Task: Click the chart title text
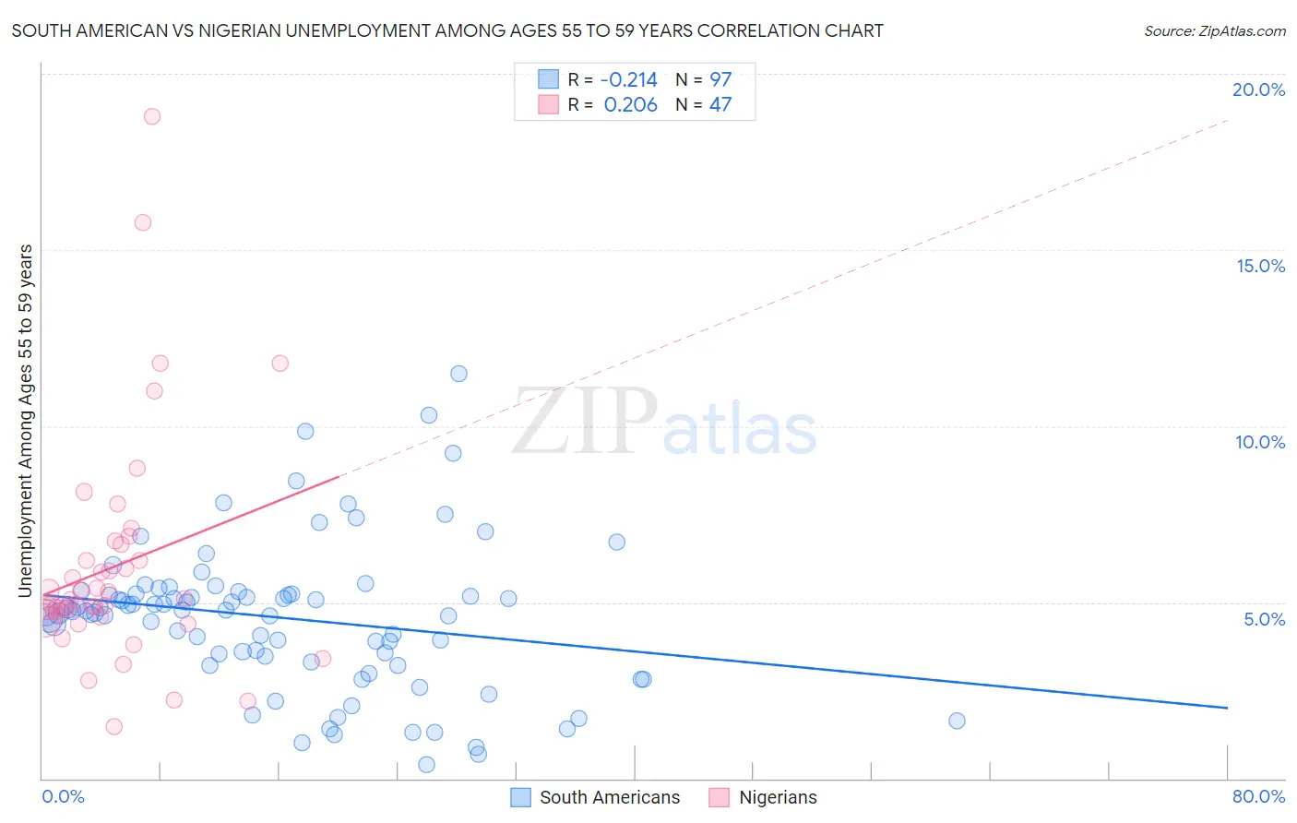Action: pyautogui.click(x=447, y=31)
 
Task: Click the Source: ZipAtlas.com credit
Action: pyautogui.click(x=1214, y=31)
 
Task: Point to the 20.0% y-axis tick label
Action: pyautogui.click(x=1258, y=89)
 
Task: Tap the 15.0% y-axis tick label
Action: pyautogui.click(x=1260, y=266)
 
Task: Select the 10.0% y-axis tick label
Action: pyautogui.click(x=1260, y=442)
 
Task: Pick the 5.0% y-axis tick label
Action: pyautogui.click(x=1264, y=619)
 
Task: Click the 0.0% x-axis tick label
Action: pyautogui.click(x=63, y=796)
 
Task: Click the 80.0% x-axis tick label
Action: pyautogui.click(x=1258, y=796)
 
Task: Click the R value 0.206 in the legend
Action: pyautogui.click(x=630, y=105)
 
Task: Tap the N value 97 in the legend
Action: pyautogui.click(x=720, y=80)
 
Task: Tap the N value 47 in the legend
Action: pyautogui.click(x=720, y=105)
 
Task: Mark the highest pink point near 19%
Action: pyautogui.click(x=152, y=116)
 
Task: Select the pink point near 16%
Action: pyautogui.click(x=143, y=222)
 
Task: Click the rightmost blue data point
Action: pyautogui.click(x=957, y=721)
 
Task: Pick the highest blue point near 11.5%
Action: pyautogui.click(x=458, y=374)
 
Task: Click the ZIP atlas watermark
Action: pyautogui.click(x=664, y=423)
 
